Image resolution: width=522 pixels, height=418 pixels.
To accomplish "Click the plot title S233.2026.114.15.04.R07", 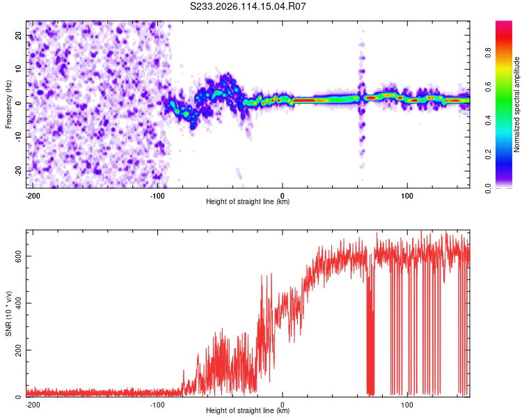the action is coord(248,6).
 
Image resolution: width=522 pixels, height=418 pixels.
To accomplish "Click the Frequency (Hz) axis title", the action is coord(8,104).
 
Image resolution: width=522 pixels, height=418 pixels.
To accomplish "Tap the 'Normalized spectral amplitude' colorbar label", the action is coord(516,104).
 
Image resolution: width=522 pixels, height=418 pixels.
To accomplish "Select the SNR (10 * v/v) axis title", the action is coord(8,313).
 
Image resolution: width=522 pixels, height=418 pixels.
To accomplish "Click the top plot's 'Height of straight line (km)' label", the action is coord(248,201).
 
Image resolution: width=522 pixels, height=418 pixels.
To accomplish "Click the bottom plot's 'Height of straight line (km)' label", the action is coord(248,410).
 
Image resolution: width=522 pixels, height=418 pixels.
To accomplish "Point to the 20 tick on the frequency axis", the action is coord(18,35).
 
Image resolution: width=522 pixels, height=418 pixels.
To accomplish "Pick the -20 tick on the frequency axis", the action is coord(18,171).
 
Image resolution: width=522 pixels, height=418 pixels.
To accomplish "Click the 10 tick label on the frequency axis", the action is coord(18,69).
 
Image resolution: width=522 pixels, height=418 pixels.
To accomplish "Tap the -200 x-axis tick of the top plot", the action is coord(33,196).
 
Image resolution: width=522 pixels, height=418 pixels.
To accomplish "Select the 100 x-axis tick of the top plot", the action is coord(407,196).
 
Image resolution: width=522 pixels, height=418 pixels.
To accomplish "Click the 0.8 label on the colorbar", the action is coord(488,52).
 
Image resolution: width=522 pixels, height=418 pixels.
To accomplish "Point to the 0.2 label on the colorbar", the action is coord(488,154).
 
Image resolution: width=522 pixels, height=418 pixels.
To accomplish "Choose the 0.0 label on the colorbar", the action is coord(488,188).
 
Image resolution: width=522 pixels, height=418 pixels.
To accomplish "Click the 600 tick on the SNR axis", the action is coord(18,256).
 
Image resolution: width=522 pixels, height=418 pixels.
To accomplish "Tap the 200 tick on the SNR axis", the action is coord(18,350).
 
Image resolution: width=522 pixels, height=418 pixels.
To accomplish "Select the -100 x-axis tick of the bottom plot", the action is coord(157,405).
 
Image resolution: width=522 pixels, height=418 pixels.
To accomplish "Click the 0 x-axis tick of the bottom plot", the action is coord(283,405).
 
